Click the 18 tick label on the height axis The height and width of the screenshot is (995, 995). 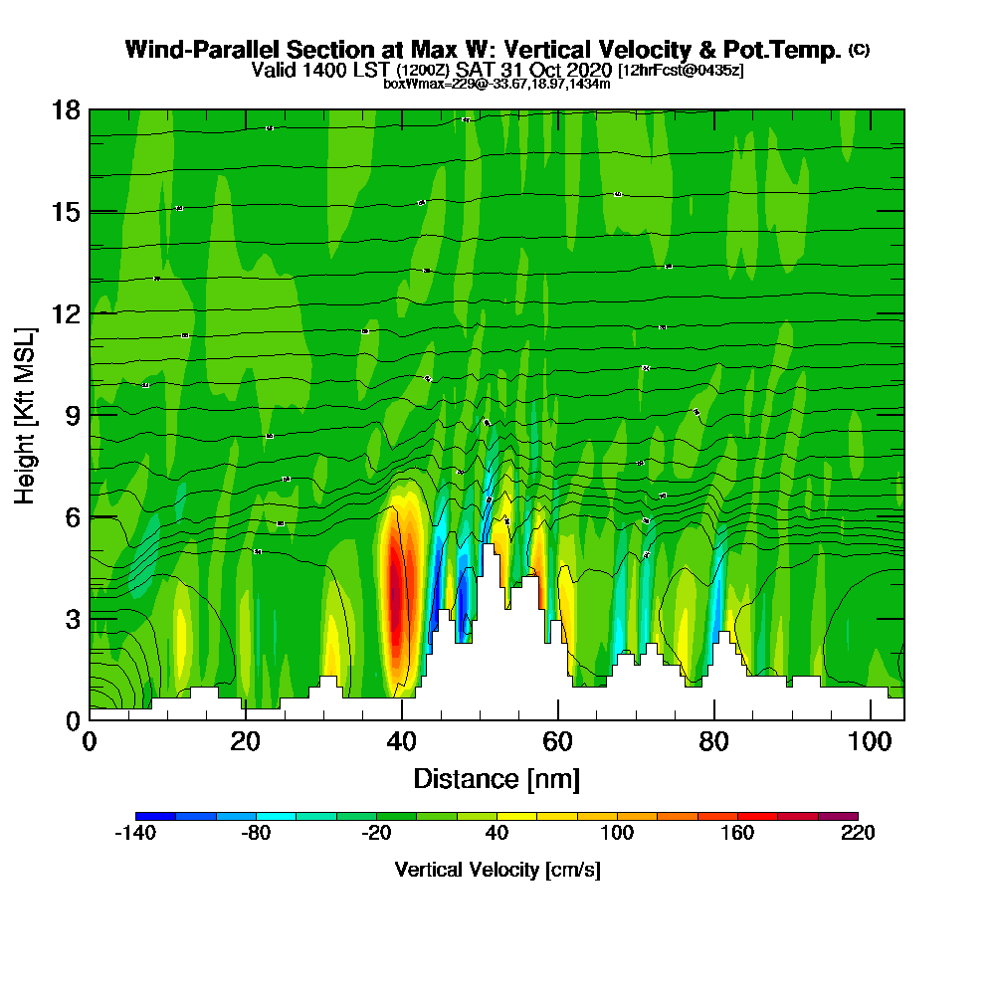(66, 109)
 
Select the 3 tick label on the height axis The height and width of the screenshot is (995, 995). (72, 618)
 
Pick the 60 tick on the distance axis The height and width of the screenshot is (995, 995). (558, 718)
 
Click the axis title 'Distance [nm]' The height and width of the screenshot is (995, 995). (497, 777)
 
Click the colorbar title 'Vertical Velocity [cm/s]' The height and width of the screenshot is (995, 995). (497, 870)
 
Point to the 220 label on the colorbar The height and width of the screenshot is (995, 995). (857, 834)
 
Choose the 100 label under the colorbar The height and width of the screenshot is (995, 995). (617, 834)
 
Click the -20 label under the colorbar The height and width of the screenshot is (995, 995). (376, 834)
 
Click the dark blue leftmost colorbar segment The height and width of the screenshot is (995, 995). (155, 816)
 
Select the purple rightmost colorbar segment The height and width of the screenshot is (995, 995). (837, 816)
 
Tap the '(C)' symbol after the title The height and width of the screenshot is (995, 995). (859, 50)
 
